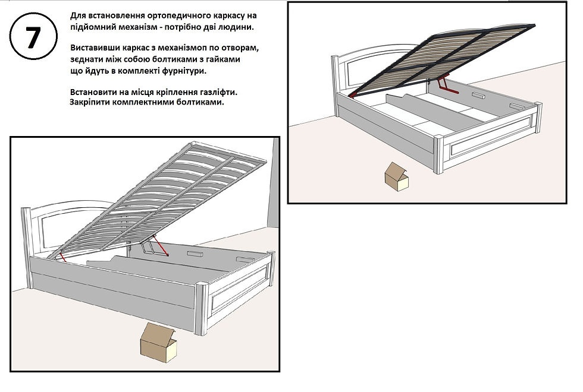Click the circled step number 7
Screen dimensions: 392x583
(x=33, y=37)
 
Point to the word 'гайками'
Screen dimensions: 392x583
(x=223, y=59)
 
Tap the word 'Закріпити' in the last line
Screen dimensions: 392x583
(x=89, y=102)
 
